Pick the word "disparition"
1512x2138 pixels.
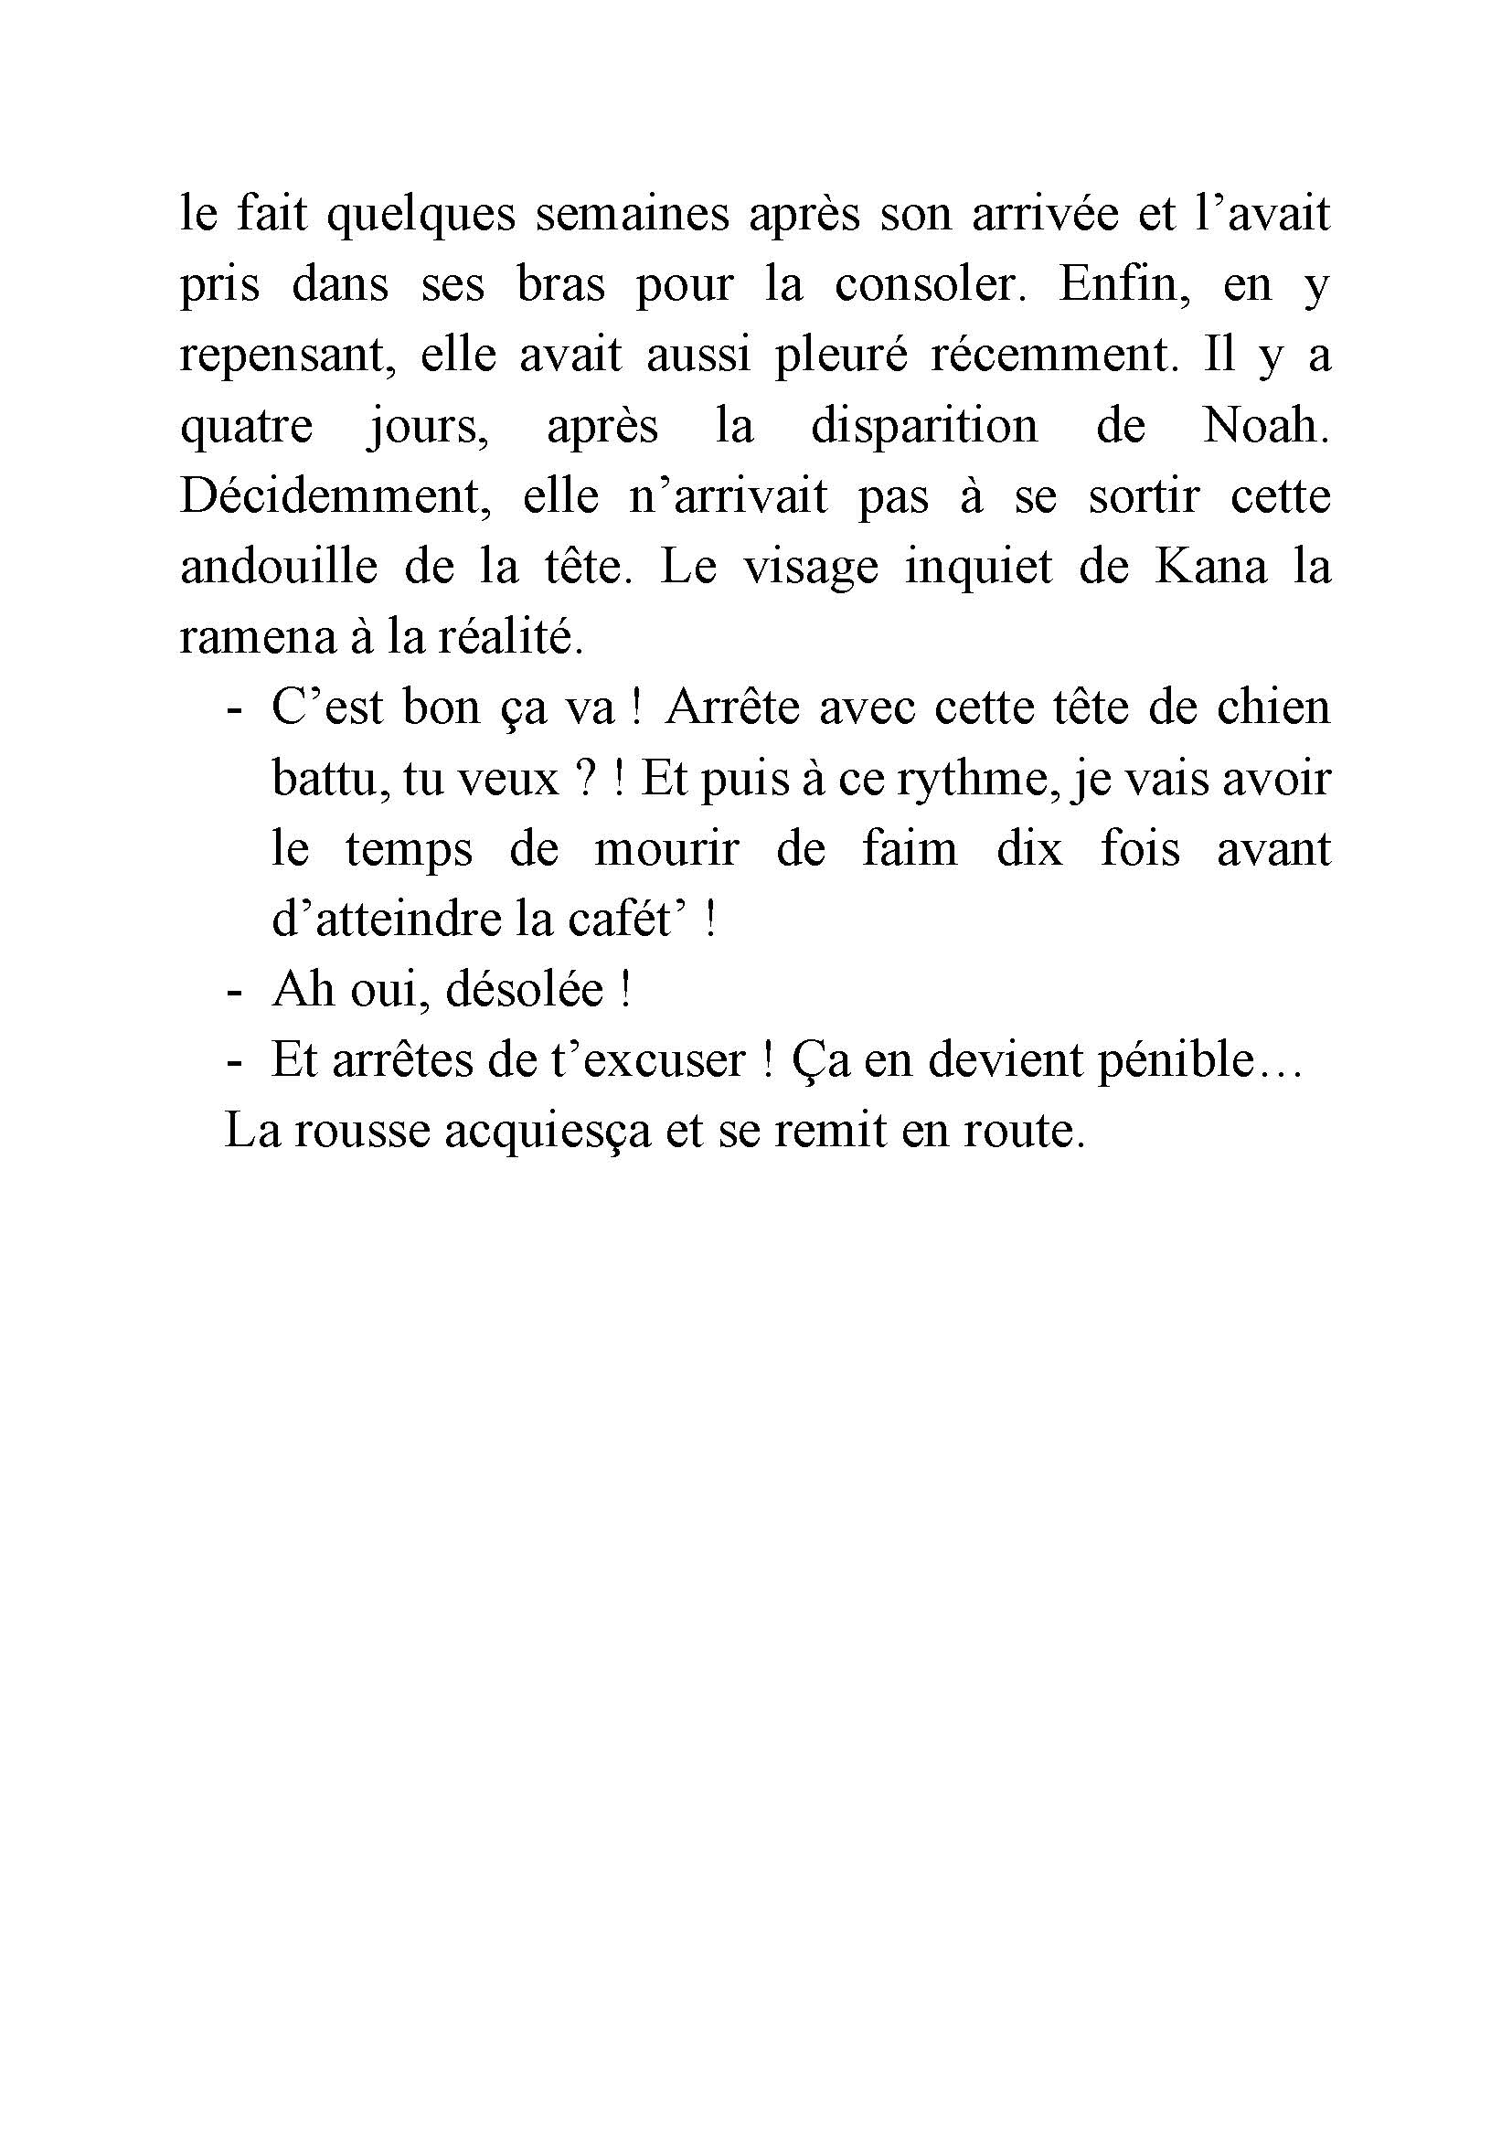coord(923,427)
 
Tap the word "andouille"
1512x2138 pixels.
coord(279,567)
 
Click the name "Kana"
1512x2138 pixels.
coord(1210,567)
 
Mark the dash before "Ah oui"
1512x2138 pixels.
coord(234,992)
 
